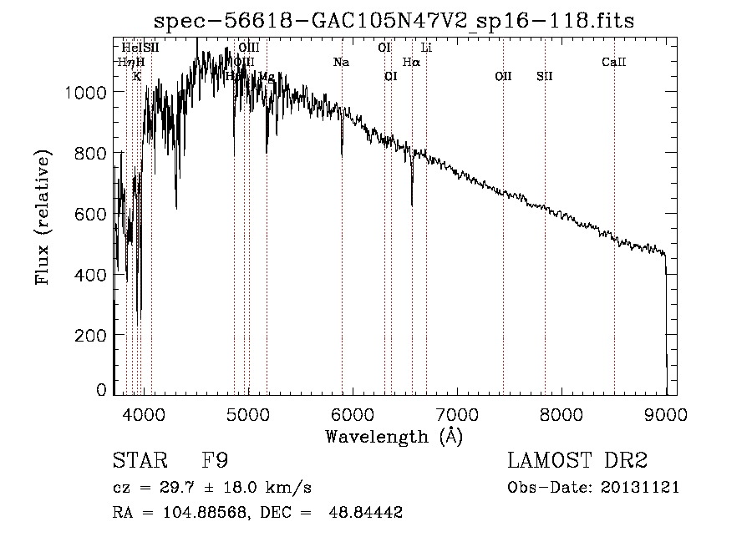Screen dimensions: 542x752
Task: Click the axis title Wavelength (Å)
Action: pyautogui.click(x=394, y=435)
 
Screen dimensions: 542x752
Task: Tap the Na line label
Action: pyautogui.click(x=341, y=62)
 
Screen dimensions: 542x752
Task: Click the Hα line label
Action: pyautogui.click(x=411, y=62)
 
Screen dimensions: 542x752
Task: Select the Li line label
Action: pyautogui.click(x=426, y=48)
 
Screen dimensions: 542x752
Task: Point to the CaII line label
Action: pyautogui.click(x=614, y=62)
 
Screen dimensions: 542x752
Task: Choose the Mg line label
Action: pyautogui.click(x=266, y=76)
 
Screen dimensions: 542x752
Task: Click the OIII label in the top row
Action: pyautogui.click(x=249, y=48)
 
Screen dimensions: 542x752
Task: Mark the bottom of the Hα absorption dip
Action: pyautogui.click(x=412, y=204)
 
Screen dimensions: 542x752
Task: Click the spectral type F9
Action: pyautogui.click(x=215, y=461)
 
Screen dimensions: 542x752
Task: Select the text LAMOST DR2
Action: pyautogui.click(x=577, y=461)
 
